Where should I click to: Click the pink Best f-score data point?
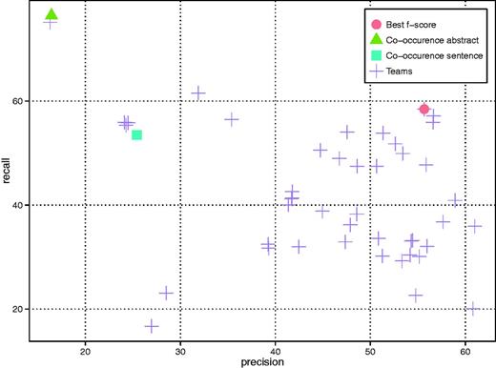click(424, 110)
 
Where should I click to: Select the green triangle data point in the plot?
click(52, 15)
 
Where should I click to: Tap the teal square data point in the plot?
click(136, 134)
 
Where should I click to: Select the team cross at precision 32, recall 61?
click(198, 92)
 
